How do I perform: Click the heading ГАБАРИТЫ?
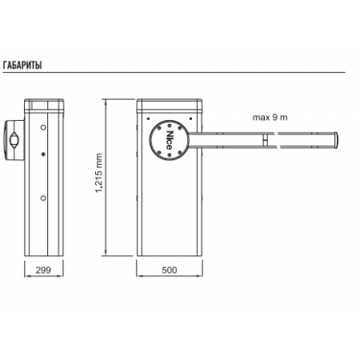pyautogui.click(x=22, y=66)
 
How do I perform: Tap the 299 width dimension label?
pyautogui.click(x=43, y=270)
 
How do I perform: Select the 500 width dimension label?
pyautogui.click(x=170, y=270)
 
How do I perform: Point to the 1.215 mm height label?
pyautogui.click(x=98, y=173)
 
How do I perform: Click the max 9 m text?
pyautogui.click(x=270, y=118)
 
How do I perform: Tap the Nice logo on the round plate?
pyautogui.click(x=170, y=140)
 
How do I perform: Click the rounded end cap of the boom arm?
pyautogui.click(x=336, y=140)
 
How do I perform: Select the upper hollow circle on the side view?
pyautogui.click(x=43, y=127)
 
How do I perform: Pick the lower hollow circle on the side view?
pyautogui.click(x=43, y=198)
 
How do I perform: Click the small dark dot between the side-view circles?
pyautogui.click(x=43, y=154)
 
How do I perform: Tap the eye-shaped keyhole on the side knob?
pyautogui.click(x=14, y=139)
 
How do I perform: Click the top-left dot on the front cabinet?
pyautogui.click(x=149, y=118)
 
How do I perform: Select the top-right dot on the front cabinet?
pyautogui.click(x=190, y=118)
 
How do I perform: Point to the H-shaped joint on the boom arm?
pyautogui.click(x=265, y=140)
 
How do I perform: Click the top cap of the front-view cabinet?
pyautogui.click(x=170, y=105)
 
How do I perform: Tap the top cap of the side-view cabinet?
pyautogui.click(x=44, y=106)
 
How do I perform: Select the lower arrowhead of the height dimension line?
pyautogui.click(x=106, y=253)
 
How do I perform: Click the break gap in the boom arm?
pyautogui.click(x=278, y=140)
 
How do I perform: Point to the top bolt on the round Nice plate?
pyautogui.click(x=170, y=126)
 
